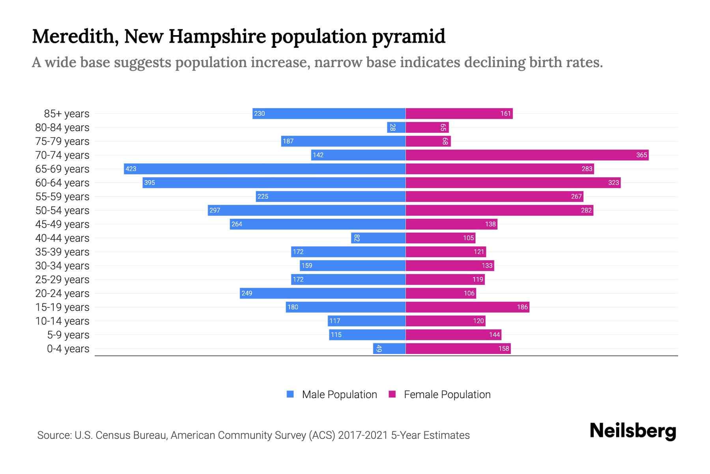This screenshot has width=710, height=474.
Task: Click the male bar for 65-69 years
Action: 264,169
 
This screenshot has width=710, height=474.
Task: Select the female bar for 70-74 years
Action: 527,155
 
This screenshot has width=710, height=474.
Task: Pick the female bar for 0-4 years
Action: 458,348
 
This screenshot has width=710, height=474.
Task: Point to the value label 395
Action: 149,182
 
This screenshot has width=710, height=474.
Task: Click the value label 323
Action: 613,182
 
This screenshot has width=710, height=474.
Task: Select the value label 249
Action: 247,293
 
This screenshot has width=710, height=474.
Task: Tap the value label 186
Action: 522,307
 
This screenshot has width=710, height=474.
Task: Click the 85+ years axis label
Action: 66,114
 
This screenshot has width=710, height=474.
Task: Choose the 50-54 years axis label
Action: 62,211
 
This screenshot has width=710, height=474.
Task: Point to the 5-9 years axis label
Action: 68,335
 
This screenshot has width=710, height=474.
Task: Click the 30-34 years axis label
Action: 62,266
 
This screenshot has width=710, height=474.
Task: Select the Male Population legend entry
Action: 339,394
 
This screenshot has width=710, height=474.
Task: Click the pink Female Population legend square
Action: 392,394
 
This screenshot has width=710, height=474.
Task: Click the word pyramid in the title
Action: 409,37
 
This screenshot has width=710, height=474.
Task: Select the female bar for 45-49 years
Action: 451,224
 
